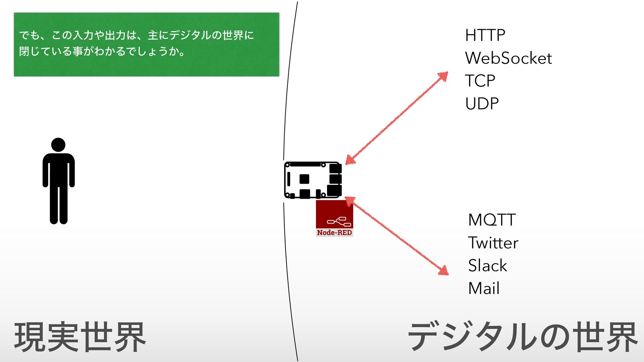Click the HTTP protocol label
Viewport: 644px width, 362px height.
click(x=485, y=35)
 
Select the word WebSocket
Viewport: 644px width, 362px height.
click(x=508, y=58)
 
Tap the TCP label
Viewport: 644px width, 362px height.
click(x=480, y=81)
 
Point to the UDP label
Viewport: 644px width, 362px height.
click(x=482, y=104)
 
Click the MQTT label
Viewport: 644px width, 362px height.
click(x=492, y=220)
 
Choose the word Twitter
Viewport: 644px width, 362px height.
click(x=493, y=243)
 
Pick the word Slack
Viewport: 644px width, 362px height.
click(x=487, y=265)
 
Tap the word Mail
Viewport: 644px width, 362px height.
click(x=484, y=288)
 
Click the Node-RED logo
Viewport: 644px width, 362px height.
click(x=334, y=218)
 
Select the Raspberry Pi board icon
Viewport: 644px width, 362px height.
click(x=313, y=180)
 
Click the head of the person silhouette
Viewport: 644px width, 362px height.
click(x=58, y=145)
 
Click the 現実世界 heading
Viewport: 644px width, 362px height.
click(x=80, y=337)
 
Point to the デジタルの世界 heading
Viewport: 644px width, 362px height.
click(x=523, y=337)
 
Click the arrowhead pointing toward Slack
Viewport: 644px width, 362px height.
click(x=444, y=270)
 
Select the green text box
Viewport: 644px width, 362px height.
click(x=146, y=45)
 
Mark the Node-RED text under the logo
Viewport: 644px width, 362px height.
click(x=334, y=233)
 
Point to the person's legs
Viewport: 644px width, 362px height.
click(x=59, y=204)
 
